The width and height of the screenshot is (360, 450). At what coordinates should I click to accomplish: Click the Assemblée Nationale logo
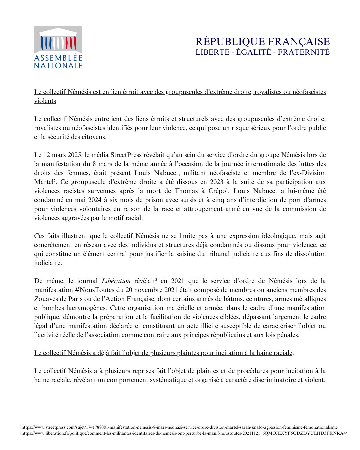point(58,48)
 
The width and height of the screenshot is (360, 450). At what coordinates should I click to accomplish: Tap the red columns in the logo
point(71,44)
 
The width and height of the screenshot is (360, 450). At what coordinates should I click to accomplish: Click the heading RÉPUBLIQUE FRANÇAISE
point(262,42)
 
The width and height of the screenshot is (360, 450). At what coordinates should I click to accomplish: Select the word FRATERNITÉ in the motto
point(304,52)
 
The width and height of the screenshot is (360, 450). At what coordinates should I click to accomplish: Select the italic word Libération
point(116,281)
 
